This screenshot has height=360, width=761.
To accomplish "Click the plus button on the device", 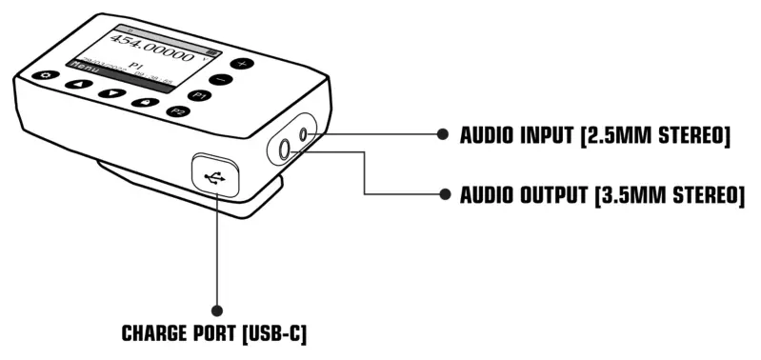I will click(x=241, y=63).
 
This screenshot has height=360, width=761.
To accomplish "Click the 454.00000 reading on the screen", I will click(x=158, y=48).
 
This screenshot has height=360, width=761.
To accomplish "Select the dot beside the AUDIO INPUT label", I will click(x=441, y=136).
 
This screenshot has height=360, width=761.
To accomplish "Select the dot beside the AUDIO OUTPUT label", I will click(x=441, y=194).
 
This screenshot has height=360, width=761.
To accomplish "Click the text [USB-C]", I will click(x=274, y=335).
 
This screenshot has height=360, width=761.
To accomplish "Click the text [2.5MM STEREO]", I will click(x=658, y=137).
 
